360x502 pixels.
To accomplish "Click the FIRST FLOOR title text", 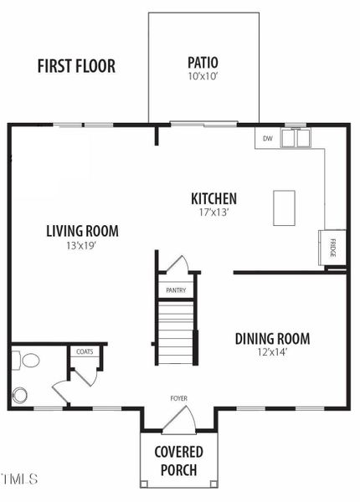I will pyautogui.click(x=76, y=67).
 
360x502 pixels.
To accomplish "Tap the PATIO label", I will pyautogui.click(x=203, y=62).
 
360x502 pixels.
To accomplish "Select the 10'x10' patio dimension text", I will pyautogui.click(x=203, y=76).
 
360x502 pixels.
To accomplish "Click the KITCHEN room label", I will pyautogui.click(x=213, y=199).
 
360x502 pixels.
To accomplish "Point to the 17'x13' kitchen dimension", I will pyautogui.click(x=213, y=213).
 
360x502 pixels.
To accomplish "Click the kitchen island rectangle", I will pyautogui.click(x=284, y=207).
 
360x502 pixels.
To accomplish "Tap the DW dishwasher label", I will pyautogui.click(x=268, y=138).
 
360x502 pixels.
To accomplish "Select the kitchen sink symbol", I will pyautogui.click(x=296, y=139).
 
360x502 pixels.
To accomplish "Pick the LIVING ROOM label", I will pyautogui.click(x=82, y=231).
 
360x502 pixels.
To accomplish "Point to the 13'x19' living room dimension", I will pyautogui.click(x=82, y=245).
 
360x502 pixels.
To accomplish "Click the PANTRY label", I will pyautogui.click(x=176, y=290).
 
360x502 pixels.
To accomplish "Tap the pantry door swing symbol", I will pyautogui.click(x=177, y=265).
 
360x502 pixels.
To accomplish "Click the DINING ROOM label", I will pyautogui.click(x=272, y=339).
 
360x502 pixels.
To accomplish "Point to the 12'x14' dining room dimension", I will pyautogui.click(x=272, y=352).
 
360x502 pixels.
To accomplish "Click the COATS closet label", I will pyautogui.click(x=85, y=352).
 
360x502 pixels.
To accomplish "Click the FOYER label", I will pyautogui.click(x=178, y=399).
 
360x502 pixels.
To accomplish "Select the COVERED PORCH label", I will pyautogui.click(x=178, y=461).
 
